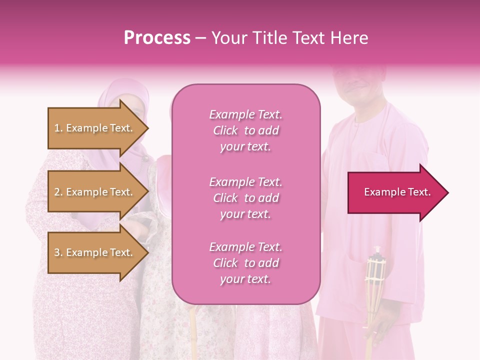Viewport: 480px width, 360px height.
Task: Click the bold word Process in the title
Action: [157, 38]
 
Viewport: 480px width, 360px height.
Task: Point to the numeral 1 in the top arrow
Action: [56, 128]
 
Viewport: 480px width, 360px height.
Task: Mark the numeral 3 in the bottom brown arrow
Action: [57, 252]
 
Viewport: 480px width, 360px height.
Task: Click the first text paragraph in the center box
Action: [245, 130]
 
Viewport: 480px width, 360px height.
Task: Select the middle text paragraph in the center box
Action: [245, 198]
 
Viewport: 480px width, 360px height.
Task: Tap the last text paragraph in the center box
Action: [245, 263]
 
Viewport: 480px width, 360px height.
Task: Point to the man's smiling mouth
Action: [353, 90]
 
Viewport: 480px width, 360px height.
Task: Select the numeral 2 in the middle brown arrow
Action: [57, 192]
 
